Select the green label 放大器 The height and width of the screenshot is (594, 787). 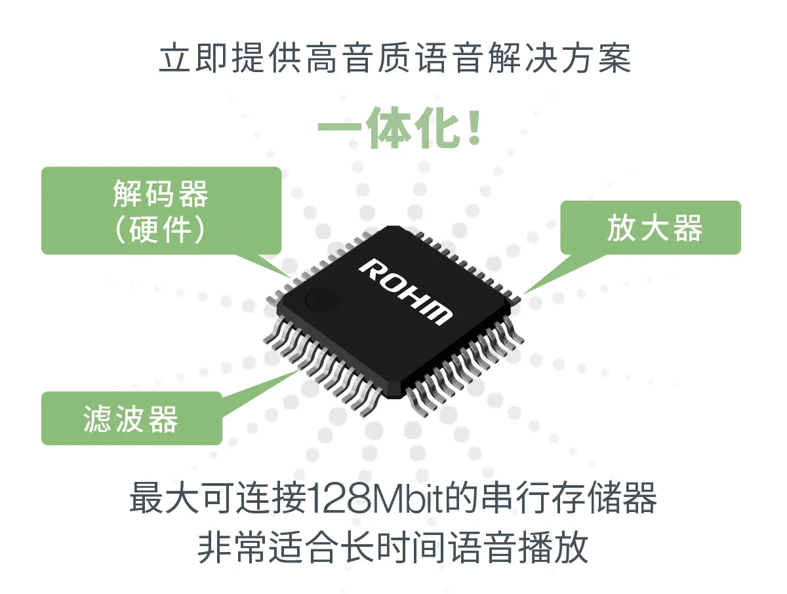click(x=655, y=228)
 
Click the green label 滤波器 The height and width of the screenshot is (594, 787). click(x=131, y=419)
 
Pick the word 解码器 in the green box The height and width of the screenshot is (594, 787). click(x=161, y=195)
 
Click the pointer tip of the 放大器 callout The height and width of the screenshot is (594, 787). click(x=523, y=294)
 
